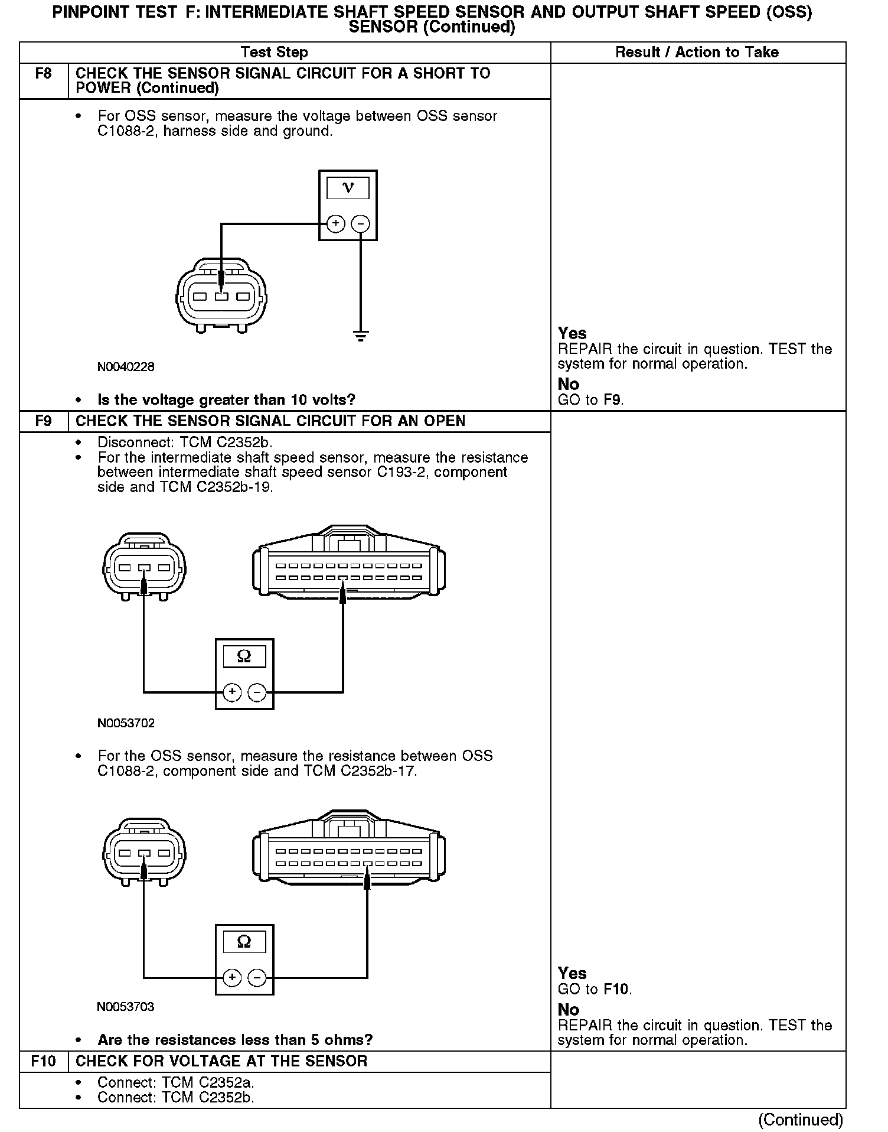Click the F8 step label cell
tap(44, 74)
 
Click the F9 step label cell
tap(44, 421)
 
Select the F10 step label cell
tap(44, 1062)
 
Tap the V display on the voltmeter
tap(348, 188)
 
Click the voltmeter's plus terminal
tap(335, 224)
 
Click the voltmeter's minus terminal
tap(360, 224)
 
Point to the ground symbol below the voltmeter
tap(361, 336)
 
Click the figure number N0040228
tap(126, 367)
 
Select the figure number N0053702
tap(126, 723)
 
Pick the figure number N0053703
tap(126, 1007)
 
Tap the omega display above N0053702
tap(244, 656)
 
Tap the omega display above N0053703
tap(244, 942)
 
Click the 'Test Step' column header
tap(275, 53)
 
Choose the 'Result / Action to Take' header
tap(697, 53)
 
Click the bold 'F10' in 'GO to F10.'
tap(616, 989)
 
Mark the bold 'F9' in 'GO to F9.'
tap(612, 400)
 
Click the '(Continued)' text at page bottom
tap(801, 1120)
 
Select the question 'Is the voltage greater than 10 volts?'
tap(226, 400)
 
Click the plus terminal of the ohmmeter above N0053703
tap(232, 978)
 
